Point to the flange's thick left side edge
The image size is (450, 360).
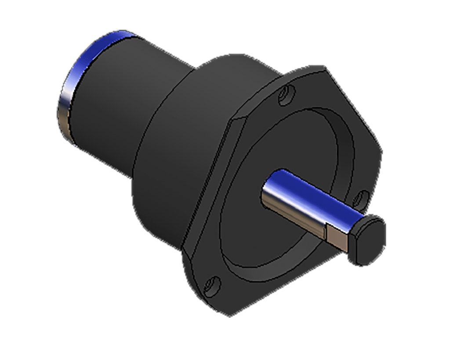[207, 193]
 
